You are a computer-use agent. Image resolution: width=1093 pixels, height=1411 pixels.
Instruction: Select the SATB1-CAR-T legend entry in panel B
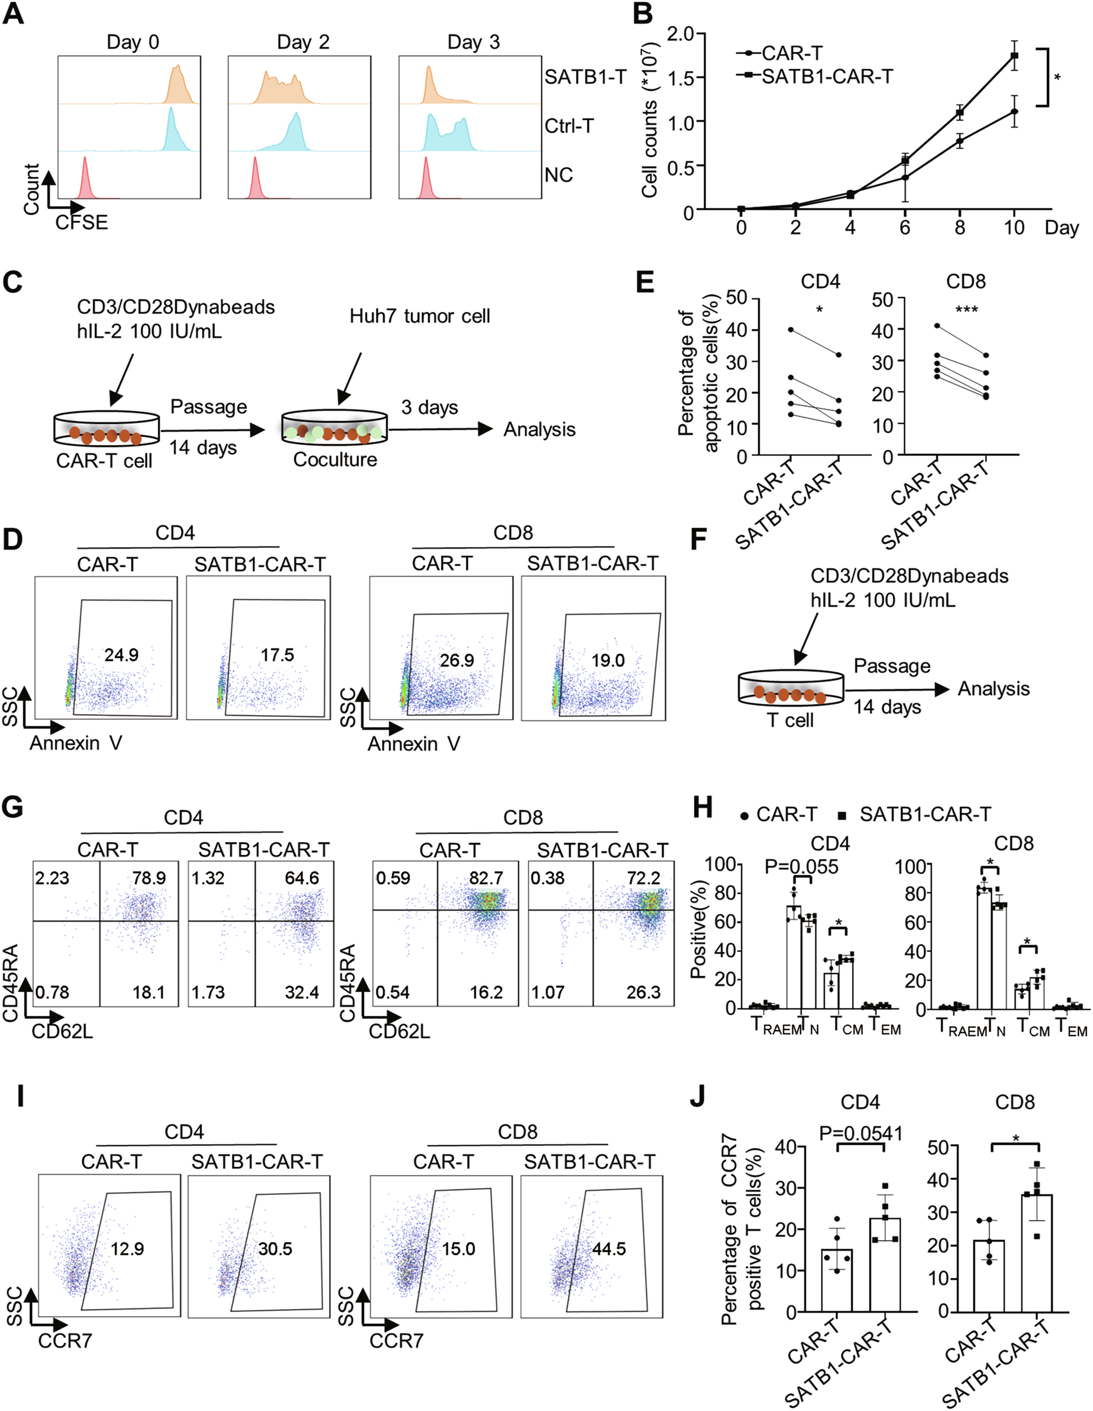(x=827, y=77)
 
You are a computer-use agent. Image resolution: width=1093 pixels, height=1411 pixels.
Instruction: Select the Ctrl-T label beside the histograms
(x=568, y=126)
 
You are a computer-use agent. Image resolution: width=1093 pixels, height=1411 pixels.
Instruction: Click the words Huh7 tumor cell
(x=420, y=316)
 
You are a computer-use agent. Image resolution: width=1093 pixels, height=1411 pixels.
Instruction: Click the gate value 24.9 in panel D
(x=121, y=655)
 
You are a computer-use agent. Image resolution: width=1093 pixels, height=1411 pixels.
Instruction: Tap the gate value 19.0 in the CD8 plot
(x=608, y=660)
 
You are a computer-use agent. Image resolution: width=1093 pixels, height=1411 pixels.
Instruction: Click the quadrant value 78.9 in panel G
(x=149, y=878)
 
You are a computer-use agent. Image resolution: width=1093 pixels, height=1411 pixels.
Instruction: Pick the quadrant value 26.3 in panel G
(x=643, y=992)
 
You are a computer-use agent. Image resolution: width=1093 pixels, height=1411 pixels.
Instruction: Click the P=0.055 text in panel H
(x=801, y=867)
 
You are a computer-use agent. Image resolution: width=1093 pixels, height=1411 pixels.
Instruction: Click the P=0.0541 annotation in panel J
(x=861, y=1133)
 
